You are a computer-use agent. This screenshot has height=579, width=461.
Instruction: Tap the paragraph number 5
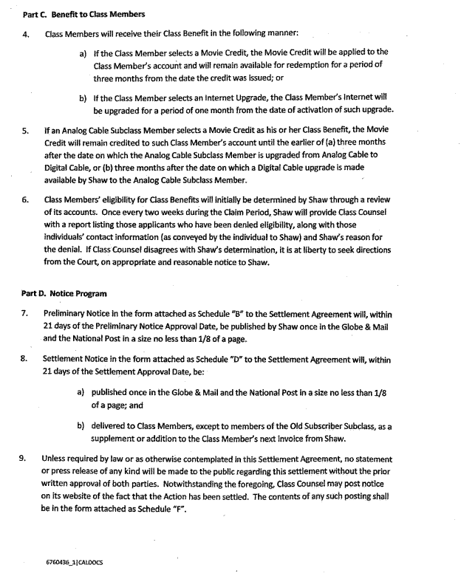26,130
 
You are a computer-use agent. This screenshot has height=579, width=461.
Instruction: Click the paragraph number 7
26,313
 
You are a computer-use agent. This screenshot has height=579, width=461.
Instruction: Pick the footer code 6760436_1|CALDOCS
74,562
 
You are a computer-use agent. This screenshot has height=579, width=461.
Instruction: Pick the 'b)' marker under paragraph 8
81,426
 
